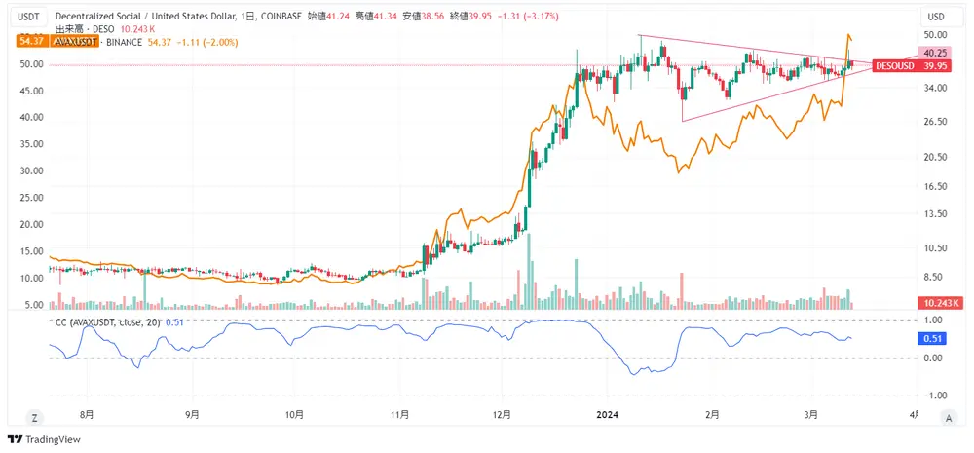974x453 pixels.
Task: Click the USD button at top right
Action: tap(936, 17)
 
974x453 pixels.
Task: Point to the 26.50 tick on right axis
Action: tap(935, 122)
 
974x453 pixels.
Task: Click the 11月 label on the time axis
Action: tap(398, 415)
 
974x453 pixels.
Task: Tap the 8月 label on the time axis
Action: tap(87, 415)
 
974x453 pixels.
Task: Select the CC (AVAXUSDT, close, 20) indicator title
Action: tap(108, 321)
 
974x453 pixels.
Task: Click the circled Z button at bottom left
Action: tap(34, 417)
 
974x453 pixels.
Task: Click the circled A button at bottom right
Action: tap(948, 417)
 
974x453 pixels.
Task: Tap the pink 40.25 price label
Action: tap(935, 53)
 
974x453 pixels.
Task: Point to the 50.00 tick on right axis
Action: tap(935, 34)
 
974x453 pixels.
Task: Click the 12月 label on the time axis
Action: tap(503, 415)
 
